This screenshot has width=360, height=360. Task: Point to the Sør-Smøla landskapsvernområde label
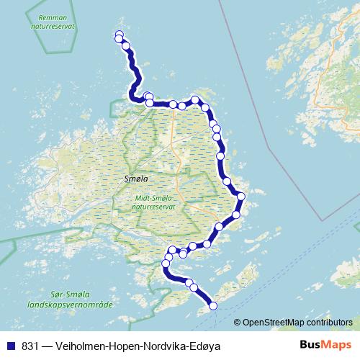tap(71, 300)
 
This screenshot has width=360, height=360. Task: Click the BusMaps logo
tap(325, 345)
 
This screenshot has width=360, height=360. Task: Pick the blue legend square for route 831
tap(12, 346)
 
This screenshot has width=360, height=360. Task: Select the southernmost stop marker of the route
tap(213, 306)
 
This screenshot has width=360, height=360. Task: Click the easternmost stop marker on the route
tap(242, 196)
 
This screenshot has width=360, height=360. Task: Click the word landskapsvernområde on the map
tap(71, 305)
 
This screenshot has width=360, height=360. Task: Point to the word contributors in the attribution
tap(328, 322)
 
